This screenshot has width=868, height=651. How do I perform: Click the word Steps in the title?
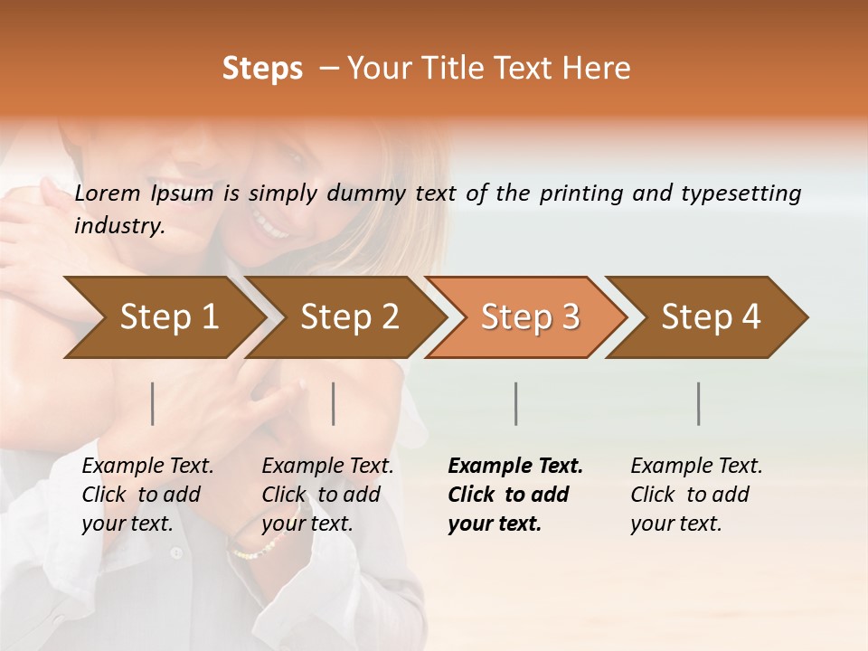coord(262,69)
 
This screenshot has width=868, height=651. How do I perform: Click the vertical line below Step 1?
coord(153,403)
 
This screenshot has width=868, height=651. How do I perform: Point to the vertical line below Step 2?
coord(334,403)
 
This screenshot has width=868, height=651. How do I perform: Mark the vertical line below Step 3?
coord(515,403)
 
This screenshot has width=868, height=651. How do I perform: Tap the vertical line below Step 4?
coord(699,403)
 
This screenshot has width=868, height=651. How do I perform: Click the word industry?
coord(119,226)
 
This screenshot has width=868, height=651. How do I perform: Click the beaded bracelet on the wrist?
coord(256,547)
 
